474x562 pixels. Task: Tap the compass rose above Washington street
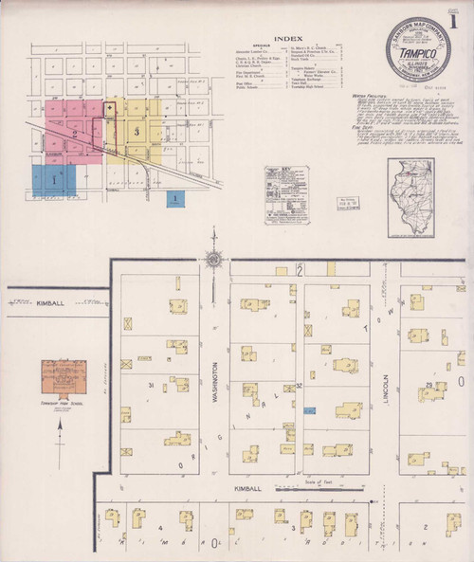click(214, 259)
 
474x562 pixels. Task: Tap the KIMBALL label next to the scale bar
click(245, 489)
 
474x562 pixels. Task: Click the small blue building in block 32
click(309, 410)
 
